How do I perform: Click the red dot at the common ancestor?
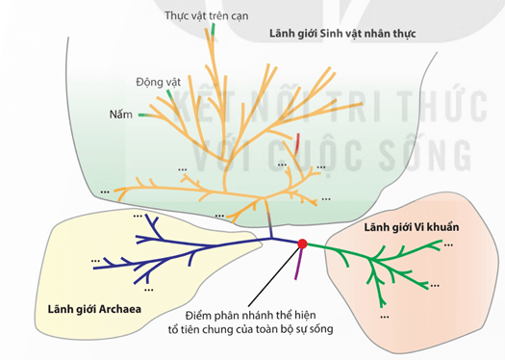pyautogui.click(x=303, y=244)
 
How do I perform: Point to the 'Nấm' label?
pyautogui.click(x=120, y=115)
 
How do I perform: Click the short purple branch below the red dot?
pyautogui.click(x=299, y=263)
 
